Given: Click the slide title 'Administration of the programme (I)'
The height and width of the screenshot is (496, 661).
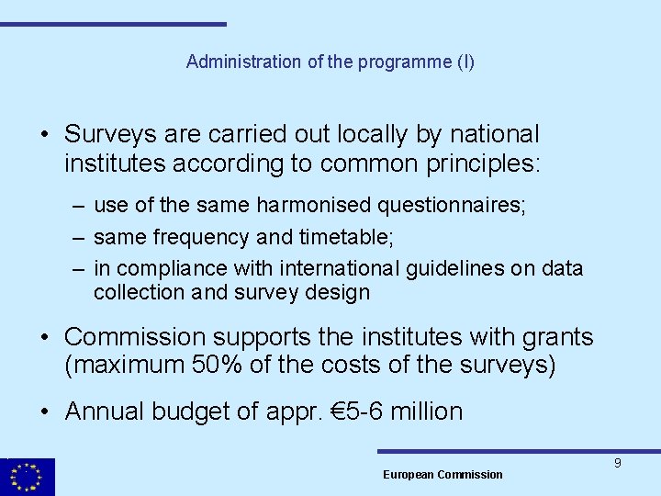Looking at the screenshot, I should click(330, 62).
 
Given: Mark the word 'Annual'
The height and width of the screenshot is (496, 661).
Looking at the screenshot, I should click(104, 411).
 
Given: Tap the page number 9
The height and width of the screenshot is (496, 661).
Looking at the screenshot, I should click(618, 463).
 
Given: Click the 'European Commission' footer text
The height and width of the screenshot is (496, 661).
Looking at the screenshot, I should click(443, 475).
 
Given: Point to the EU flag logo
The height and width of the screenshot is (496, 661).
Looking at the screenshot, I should click(28, 477).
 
